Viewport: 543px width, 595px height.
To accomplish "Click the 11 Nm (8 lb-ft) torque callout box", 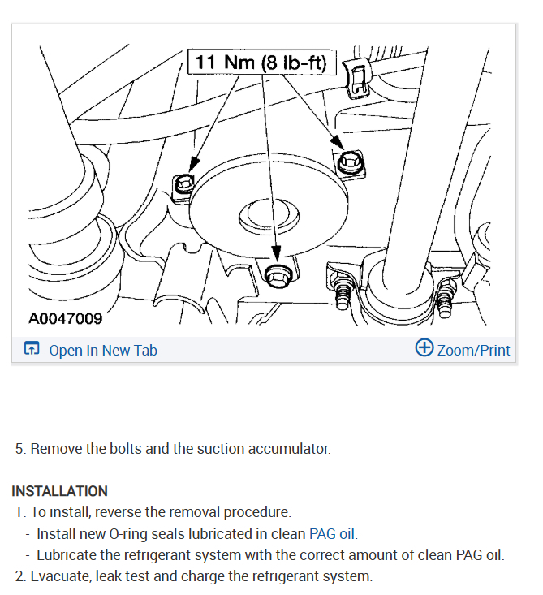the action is coord(262,62).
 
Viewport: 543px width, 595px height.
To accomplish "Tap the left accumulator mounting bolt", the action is coord(183,185).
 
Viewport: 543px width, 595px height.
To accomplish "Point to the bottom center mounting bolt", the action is coord(278,275).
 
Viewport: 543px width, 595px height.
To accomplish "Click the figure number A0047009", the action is coord(65,318).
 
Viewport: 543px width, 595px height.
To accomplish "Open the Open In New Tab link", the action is coord(103,350).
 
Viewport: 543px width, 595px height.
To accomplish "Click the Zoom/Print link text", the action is coord(473,350).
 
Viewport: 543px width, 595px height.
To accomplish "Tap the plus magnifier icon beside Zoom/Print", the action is coord(424,347).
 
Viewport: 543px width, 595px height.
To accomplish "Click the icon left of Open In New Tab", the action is coord(32,348).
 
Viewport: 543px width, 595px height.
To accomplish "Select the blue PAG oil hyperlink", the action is coord(332,534).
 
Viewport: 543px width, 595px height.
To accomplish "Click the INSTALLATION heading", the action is coord(59,491).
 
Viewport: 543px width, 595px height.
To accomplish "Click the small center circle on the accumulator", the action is coord(269,215).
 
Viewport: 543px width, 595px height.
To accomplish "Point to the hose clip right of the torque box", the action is coord(357,77).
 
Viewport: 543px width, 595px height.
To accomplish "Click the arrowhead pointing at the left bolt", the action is coord(194,164).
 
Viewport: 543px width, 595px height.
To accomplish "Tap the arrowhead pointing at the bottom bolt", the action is coord(277,252).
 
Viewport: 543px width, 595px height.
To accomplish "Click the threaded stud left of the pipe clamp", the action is coord(343,291).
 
